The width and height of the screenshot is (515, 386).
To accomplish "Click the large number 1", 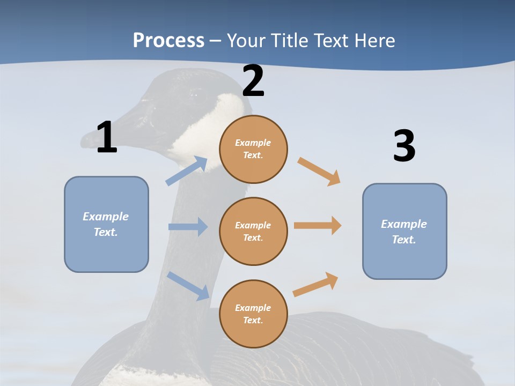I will (107, 137).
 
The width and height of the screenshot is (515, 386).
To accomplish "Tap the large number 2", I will (253, 81).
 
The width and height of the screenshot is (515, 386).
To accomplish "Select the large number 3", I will (404, 146).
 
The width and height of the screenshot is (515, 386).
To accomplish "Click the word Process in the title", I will (168, 40).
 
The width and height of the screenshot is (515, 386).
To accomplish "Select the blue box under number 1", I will (106, 224).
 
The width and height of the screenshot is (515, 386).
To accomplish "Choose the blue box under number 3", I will (404, 231).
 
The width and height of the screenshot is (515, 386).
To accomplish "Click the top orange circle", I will (253, 149).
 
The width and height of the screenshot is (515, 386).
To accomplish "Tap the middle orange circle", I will (253, 231).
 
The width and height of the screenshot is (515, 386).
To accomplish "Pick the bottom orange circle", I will (253, 314).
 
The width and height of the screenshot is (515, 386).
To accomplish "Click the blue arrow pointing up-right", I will (187, 171).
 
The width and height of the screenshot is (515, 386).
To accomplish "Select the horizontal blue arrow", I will (188, 227).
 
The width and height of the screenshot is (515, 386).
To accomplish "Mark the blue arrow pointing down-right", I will (188, 286).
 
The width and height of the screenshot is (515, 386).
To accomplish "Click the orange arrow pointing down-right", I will (319, 171).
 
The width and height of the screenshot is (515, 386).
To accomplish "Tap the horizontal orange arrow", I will (318, 226).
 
